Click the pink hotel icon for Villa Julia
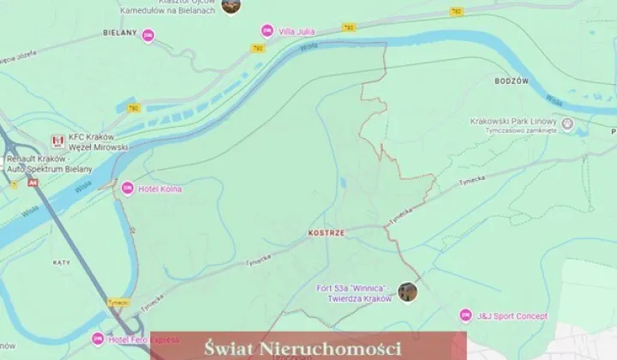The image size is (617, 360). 267,31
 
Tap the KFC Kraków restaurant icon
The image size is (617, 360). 57,141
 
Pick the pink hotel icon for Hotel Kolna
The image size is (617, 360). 128,189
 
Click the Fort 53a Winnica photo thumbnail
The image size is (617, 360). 408,292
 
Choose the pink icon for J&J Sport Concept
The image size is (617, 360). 465,315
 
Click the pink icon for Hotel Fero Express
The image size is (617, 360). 99,339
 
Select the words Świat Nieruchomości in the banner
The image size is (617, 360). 304,348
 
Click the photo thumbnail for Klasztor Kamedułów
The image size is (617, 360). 230,5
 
